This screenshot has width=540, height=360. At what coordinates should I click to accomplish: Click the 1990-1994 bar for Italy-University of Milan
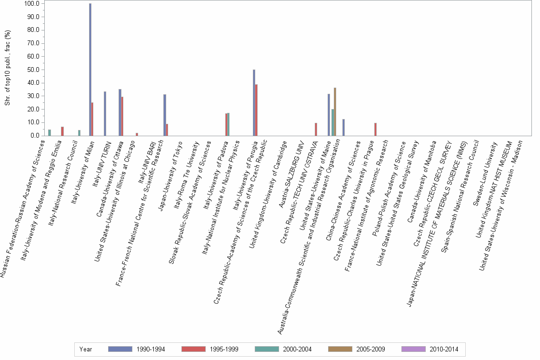point(90,70)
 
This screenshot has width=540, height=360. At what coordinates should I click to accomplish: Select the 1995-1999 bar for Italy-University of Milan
point(92,119)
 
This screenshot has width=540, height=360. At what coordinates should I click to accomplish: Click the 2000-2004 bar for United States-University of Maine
point(332,122)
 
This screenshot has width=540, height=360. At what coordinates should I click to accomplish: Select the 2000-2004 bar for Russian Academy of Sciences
point(50,132)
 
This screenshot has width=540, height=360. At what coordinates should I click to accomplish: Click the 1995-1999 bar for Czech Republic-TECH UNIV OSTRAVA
point(316,129)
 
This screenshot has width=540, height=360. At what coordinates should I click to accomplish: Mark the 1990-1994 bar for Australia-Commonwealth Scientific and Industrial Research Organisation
point(343,127)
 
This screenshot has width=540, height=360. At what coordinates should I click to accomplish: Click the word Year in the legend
point(86,350)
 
